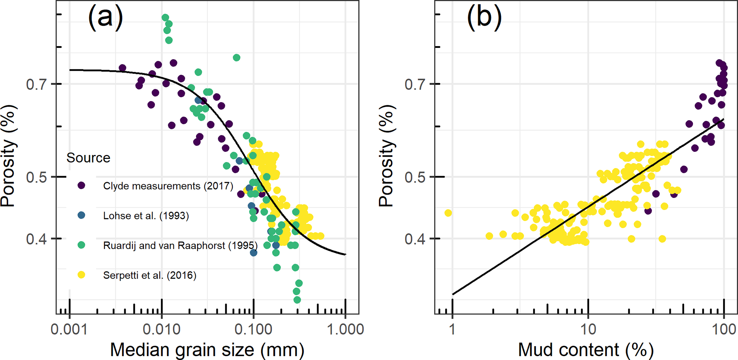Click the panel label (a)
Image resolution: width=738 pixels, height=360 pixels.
point(106,17)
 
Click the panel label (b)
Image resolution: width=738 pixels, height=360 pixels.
point(484,17)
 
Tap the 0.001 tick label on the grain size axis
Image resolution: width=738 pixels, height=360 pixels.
point(69,329)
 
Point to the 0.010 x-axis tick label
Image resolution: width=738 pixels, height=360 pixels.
point(161,329)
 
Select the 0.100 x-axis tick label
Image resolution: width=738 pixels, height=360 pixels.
point(253,329)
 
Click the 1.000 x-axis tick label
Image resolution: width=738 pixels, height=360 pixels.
point(345,329)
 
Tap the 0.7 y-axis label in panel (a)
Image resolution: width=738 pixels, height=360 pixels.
point(37,85)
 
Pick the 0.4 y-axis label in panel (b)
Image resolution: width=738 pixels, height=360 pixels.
point(415,239)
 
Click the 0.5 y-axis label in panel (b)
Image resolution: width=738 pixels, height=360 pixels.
point(415,177)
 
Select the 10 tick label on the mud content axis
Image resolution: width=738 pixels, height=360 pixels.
point(588,329)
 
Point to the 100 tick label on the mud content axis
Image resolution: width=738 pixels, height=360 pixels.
point(724,329)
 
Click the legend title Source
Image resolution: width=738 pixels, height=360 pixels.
point(88,158)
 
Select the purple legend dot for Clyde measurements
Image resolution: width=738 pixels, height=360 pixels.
point(81,185)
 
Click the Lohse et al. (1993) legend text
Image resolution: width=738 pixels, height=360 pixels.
point(146,216)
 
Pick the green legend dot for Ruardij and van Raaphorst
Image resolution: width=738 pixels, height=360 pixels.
point(81,245)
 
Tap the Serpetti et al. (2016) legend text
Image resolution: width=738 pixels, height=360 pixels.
point(150,275)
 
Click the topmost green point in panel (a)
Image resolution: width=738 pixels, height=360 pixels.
point(165,17)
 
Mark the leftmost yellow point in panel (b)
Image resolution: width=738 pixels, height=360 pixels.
point(448,213)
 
